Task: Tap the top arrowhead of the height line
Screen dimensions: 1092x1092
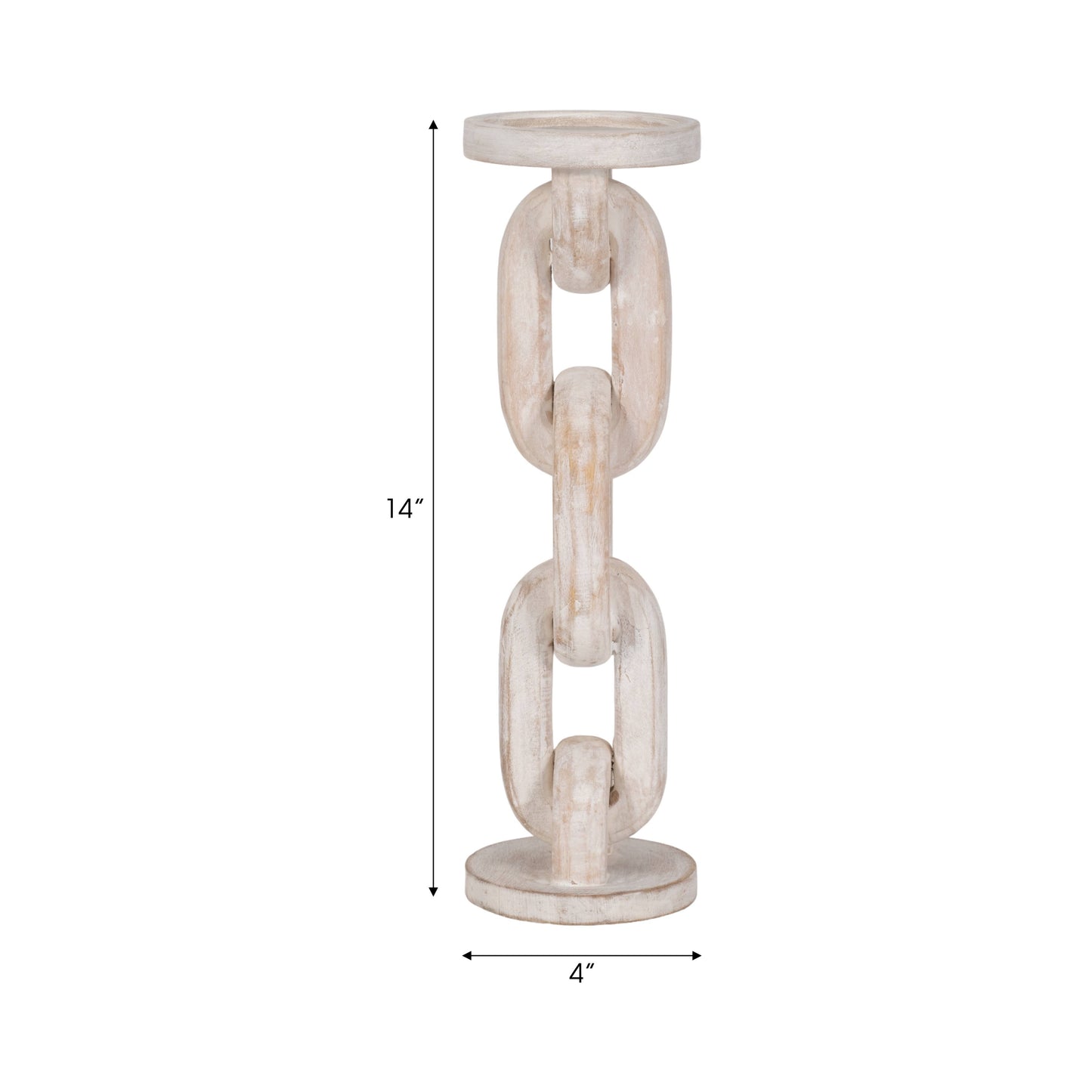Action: (x=433, y=124)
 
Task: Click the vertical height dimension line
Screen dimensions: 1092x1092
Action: (x=433, y=378)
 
